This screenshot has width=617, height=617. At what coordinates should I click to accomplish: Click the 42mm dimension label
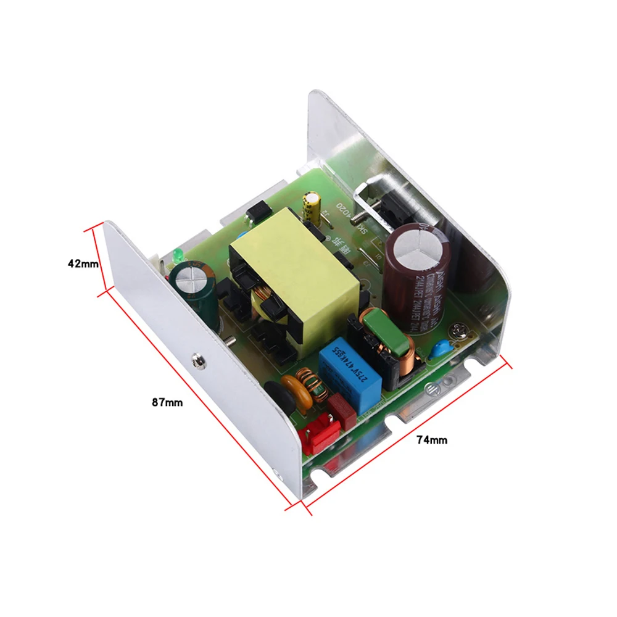click(x=83, y=263)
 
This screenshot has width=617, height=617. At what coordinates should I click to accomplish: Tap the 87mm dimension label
click(x=167, y=402)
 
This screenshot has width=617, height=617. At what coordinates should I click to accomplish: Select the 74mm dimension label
click(x=431, y=440)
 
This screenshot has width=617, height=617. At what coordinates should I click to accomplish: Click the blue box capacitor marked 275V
click(x=350, y=369)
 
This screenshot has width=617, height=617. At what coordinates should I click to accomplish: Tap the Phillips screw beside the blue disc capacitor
click(x=459, y=331)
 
